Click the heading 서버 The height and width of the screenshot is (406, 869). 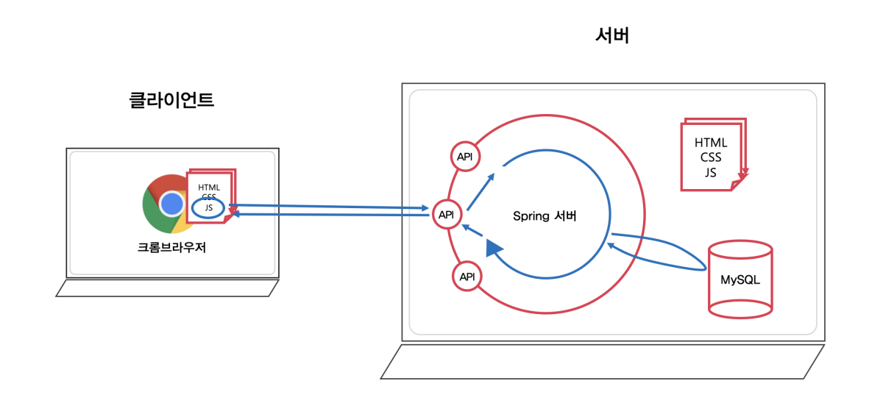tap(611, 36)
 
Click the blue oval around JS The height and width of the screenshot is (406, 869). tap(210, 208)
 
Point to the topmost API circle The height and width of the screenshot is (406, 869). tap(465, 157)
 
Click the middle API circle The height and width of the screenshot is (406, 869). tap(447, 215)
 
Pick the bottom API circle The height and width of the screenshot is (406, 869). tap(467, 277)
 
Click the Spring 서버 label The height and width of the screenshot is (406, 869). tap(545, 216)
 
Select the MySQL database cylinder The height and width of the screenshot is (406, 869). tap(739, 280)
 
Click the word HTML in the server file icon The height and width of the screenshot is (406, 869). tap(711, 143)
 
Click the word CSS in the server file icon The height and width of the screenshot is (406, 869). tap(711, 157)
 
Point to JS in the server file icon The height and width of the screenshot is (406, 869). tap(711, 172)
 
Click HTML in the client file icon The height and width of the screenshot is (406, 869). tap(209, 188)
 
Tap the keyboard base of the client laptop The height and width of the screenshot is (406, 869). tap(168, 288)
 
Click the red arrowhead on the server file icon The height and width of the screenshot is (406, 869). tap(744, 174)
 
